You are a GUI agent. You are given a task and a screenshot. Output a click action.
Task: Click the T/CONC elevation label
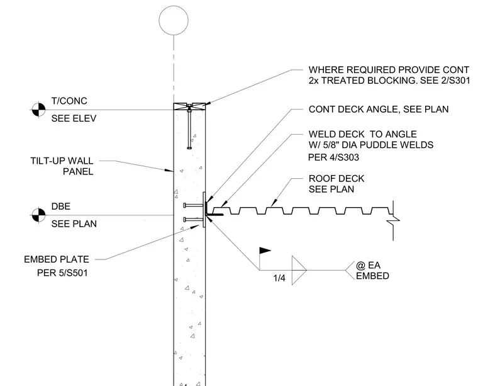(69, 101)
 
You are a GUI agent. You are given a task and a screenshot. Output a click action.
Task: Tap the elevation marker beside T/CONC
(38, 110)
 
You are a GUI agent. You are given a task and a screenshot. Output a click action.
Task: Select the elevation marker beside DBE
(38, 215)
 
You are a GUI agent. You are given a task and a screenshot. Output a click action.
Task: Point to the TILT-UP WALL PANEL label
(62, 166)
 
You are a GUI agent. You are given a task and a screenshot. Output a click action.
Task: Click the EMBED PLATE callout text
(57, 259)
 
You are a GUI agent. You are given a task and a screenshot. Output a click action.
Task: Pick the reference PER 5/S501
(62, 273)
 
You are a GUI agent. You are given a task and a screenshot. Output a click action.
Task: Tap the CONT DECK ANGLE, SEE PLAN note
(379, 109)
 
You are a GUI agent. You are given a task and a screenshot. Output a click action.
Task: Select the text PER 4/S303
(333, 157)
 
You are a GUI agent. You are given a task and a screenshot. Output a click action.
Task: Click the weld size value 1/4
(279, 278)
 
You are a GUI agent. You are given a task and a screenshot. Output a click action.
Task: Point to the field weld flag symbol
(265, 251)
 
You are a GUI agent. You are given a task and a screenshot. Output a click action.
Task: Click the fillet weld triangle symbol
(299, 270)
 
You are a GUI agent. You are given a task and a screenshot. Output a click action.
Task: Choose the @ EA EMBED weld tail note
(372, 270)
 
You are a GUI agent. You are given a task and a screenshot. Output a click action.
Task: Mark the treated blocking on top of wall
(189, 106)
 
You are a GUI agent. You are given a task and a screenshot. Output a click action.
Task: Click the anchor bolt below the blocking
(189, 127)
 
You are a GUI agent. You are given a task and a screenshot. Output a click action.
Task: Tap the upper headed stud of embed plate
(193, 205)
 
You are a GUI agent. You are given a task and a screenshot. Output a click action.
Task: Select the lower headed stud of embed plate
(193, 219)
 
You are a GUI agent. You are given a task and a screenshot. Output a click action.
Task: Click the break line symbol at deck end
(393, 220)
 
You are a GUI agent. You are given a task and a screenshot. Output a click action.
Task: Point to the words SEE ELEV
(74, 118)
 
